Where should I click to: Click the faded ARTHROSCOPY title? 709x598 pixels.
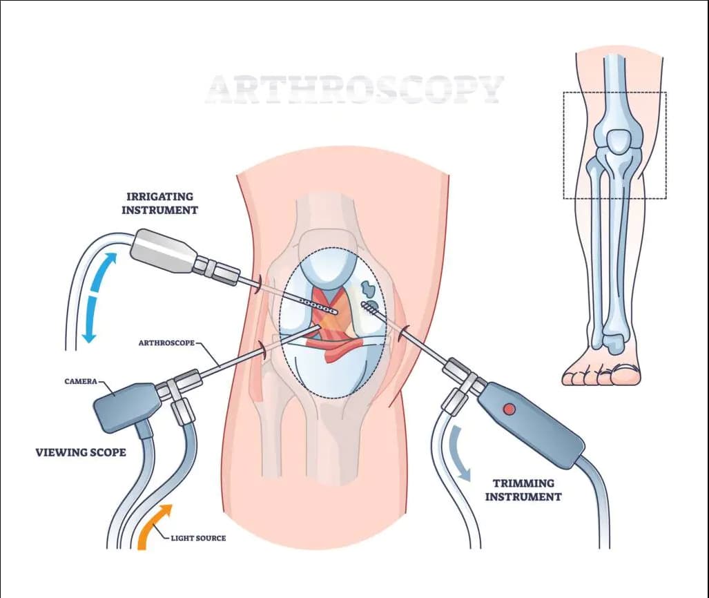[x=355, y=89]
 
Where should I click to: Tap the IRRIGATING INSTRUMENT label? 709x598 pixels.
[x=159, y=203]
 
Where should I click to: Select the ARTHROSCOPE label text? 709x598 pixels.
[x=166, y=343]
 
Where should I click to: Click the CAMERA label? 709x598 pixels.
[x=81, y=381]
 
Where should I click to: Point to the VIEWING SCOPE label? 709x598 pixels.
[x=81, y=452]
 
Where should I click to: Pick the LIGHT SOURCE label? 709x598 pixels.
[x=198, y=539]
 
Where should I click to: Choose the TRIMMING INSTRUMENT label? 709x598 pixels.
[x=523, y=490]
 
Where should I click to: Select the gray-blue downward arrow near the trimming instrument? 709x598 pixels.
[x=460, y=452]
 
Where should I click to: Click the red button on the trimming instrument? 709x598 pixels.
[x=509, y=409]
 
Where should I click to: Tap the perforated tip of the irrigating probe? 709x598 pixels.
[x=319, y=306]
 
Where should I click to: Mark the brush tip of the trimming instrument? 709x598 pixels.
[x=370, y=308]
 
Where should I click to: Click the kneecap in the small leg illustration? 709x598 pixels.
[x=618, y=141]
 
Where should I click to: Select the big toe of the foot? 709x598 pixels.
[x=625, y=375]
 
